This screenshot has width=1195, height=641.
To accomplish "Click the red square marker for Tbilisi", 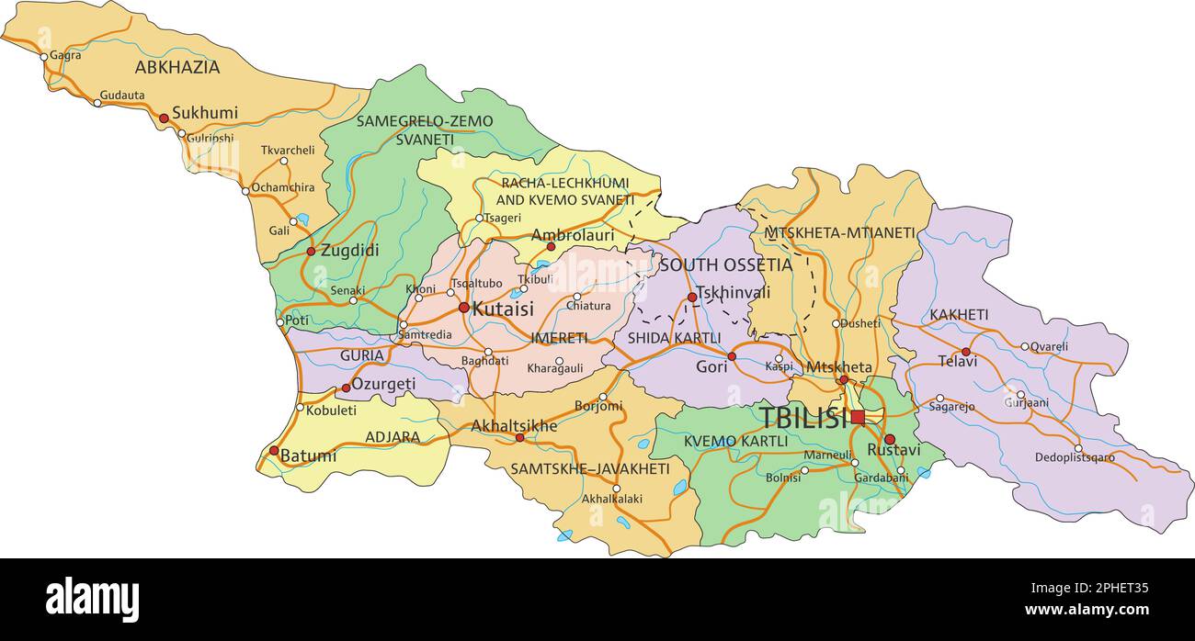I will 858,417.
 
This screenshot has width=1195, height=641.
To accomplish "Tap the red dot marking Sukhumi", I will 164,118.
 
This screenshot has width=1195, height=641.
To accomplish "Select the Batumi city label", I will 308,455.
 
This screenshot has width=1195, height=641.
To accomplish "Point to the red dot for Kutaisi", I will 464,308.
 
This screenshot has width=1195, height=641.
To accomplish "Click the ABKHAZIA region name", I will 177,67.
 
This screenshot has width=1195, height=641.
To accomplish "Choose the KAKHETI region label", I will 959,315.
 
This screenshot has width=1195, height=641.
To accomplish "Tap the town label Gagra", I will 65,55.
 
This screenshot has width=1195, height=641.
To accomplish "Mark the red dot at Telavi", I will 965,352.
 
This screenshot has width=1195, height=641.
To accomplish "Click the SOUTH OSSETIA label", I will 725,265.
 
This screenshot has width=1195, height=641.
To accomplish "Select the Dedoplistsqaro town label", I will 1075,457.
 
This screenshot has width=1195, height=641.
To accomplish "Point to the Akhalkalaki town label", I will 612,500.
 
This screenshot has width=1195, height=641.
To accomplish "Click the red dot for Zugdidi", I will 311,251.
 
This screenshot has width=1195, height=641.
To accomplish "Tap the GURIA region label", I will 362,355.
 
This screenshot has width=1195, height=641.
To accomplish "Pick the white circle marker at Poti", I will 281,322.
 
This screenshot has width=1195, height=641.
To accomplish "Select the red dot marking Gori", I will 732,356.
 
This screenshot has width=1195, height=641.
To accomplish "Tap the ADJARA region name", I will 393,437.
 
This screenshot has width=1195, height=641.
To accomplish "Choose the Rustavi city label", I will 893,451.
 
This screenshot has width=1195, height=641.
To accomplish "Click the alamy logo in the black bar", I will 92,600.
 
